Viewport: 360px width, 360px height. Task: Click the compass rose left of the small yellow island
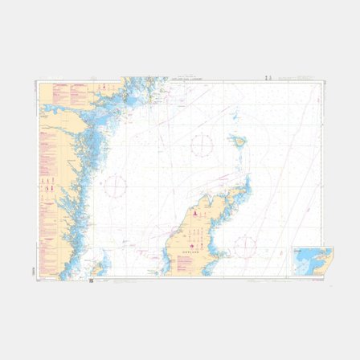coord(201,145)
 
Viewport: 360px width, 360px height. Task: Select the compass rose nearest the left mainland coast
coord(116,187)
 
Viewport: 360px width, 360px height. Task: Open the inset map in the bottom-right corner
coord(312,260)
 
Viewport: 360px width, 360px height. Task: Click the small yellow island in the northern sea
coord(238,141)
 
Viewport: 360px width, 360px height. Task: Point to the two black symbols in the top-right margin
coord(268,76)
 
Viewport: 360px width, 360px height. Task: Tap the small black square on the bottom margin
coord(92,280)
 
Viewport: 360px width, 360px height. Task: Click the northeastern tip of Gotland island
coord(247,178)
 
